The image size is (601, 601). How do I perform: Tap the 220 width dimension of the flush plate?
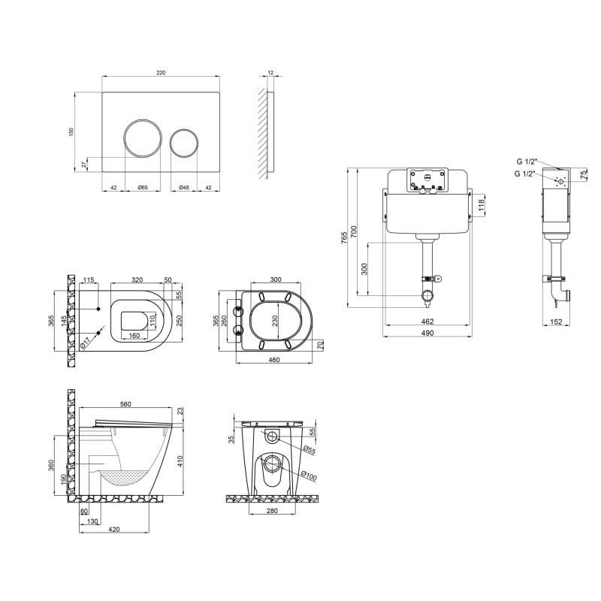click(161, 72)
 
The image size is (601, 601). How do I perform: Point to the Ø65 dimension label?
click(143, 187)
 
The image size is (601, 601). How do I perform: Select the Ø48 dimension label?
click(184, 187)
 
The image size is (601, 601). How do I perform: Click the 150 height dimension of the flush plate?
click(71, 132)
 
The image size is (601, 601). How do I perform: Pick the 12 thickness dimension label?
click(270, 72)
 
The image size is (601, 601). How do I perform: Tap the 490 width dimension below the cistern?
click(427, 333)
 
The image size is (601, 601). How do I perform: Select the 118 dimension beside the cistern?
click(482, 206)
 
